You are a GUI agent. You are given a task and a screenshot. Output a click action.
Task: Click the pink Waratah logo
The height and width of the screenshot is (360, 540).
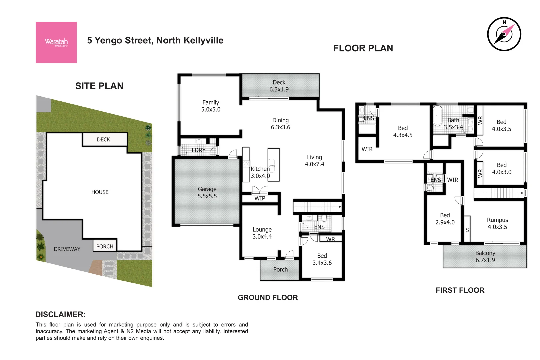[x=56, y=42]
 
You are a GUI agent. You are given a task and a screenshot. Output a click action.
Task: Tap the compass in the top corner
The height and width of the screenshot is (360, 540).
[x=504, y=34]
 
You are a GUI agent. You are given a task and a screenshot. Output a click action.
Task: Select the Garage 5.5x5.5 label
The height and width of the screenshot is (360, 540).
[x=207, y=193]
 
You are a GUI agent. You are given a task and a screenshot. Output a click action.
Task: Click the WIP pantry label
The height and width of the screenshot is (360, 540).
[x=260, y=198]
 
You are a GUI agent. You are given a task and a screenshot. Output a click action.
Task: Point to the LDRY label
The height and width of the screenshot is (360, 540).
[x=198, y=150]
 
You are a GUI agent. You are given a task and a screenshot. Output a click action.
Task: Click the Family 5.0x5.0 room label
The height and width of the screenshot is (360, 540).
[x=211, y=106]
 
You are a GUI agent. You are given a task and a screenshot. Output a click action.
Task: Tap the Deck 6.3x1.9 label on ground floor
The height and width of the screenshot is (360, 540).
[x=279, y=86]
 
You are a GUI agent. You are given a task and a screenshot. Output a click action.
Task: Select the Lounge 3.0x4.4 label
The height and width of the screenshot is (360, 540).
[x=262, y=233]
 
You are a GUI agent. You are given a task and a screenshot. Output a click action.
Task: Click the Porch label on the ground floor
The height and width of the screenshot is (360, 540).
[x=280, y=270]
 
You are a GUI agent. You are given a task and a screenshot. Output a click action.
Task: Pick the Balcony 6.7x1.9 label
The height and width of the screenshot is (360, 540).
[x=485, y=257]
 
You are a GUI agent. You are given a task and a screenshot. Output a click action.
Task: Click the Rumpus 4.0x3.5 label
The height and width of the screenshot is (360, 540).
[x=497, y=223]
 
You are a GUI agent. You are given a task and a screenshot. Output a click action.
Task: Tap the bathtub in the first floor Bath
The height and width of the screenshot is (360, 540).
[x=437, y=116]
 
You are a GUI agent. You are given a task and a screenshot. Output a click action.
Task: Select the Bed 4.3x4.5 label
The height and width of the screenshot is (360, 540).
[x=403, y=132]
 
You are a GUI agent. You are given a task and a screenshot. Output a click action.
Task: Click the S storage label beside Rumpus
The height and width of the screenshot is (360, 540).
[x=467, y=230]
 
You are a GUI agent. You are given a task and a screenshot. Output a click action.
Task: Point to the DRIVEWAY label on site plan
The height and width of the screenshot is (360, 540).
[x=67, y=249]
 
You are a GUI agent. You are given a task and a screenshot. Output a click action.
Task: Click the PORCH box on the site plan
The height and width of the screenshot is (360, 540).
[x=105, y=246]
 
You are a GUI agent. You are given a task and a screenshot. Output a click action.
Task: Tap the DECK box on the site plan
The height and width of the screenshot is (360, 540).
[x=104, y=139]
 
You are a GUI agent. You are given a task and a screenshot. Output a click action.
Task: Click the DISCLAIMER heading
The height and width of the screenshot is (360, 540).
[x=60, y=314]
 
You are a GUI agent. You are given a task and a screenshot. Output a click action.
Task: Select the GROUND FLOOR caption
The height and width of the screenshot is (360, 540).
[x=268, y=297]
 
